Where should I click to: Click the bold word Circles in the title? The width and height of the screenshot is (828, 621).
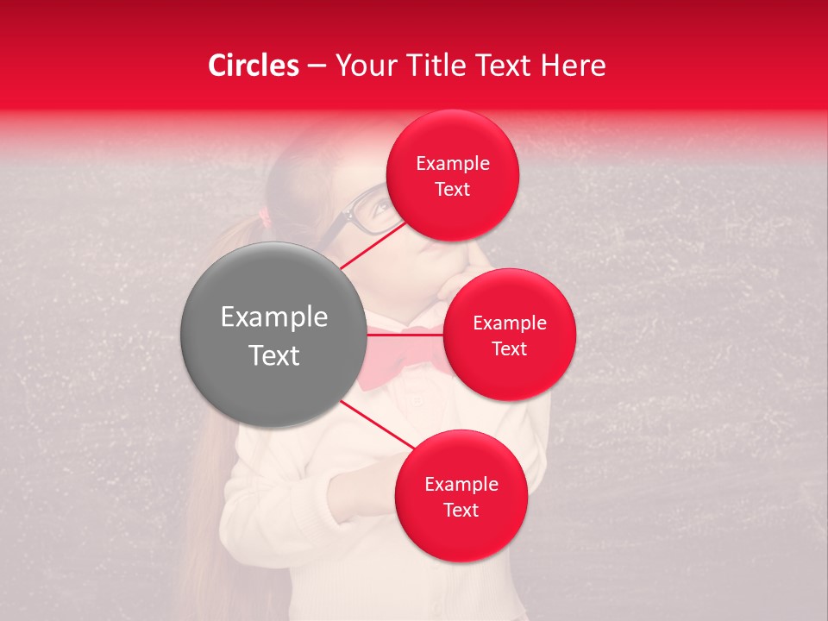click(254, 66)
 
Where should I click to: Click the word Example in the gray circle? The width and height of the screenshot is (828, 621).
click(274, 317)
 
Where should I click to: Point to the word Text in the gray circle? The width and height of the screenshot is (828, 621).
click(274, 355)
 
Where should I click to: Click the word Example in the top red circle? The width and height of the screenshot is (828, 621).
click(452, 164)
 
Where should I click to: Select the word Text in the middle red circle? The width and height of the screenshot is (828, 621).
click(510, 348)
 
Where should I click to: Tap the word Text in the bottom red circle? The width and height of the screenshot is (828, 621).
click(461, 510)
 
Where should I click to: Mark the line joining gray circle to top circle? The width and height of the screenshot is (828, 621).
click(371, 244)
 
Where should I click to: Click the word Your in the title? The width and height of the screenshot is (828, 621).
click(363, 66)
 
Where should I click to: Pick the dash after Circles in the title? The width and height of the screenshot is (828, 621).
click(317, 66)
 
